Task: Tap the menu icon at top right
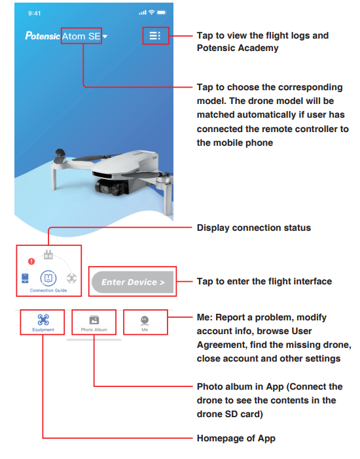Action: [x=155, y=35]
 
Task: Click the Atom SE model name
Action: [x=81, y=36]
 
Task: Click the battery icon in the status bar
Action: [x=162, y=13]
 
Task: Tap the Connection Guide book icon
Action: [x=48, y=278]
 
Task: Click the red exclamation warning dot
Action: [x=31, y=262]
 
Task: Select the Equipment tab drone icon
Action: [x=43, y=320]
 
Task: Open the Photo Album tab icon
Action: [x=94, y=320]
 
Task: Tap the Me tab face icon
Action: [x=144, y=320]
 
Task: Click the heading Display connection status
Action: [x=253, y=228]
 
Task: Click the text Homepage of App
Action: [x=236, y=438]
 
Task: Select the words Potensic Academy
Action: [x=229, y=48]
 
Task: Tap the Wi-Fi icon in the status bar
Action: [x=152, y=13]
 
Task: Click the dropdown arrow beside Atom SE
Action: [x=105, y=37]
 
